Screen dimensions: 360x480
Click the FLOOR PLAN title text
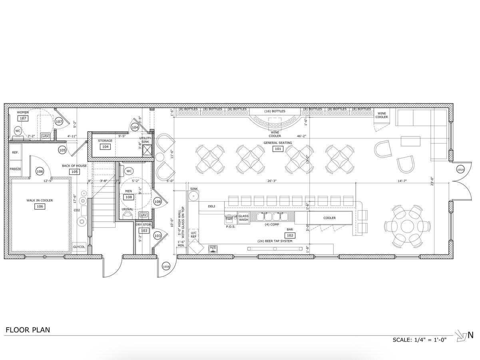tap(28, 330)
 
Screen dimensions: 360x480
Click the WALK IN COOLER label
tap(40, 200)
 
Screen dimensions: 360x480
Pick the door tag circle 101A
tap(460, 170)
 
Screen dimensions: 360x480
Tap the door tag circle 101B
tap(166, 266)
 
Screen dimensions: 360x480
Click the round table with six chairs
tap(408, 226)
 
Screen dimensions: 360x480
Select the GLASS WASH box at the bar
tap(243, 218)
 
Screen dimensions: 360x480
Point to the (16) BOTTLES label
tap(275, 111)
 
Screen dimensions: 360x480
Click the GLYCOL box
tap(79, 247)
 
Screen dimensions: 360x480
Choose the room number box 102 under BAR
tap(290, 235)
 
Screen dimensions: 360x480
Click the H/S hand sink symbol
tap(213, 249)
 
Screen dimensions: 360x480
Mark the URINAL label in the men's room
tap(127, 209)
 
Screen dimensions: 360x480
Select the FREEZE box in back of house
tap(15, 169)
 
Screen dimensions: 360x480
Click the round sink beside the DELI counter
tap(194, 196)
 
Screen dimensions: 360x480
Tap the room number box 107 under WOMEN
tap(22, 118)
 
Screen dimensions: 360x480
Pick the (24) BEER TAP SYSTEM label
tap(275, 241)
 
